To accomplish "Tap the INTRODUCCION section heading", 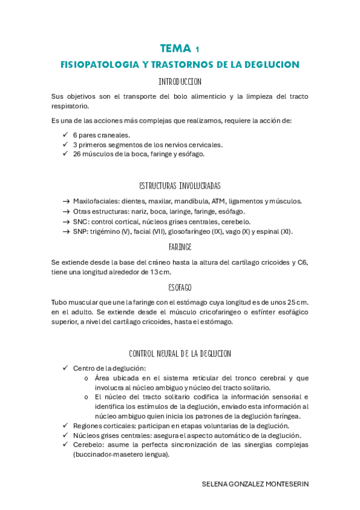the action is pos(180,81).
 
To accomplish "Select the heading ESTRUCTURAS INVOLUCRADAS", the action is pos(180,185).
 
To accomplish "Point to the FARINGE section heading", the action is pos(180,247).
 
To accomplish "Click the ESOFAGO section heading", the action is pos(180,287).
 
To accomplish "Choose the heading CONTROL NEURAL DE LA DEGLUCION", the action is pos(180,354).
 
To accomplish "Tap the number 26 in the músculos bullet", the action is pos(78,153).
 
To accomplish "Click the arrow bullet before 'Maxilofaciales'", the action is pos(66,201).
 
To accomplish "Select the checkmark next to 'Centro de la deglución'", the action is pos(65,368).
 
